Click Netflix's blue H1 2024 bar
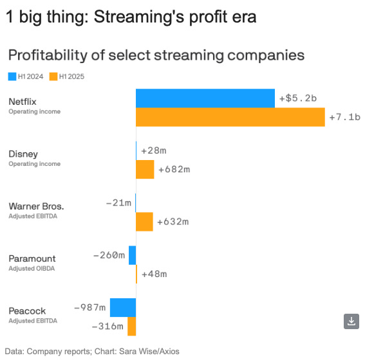(x=205, y=98)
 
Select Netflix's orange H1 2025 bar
(x=230, y=118)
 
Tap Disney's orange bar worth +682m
(x=145, y=169)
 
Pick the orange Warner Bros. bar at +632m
(x=144, y=222)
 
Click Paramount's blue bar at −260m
(x=132, y=255)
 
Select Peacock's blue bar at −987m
(x=122, y=307)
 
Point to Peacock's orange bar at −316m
(x=131, y=327)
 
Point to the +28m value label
(x=154, y=150)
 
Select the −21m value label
(x=118, y=203)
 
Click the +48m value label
(x=154, y=274)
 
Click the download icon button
(x=351, y=321)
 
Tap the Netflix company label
(x=23, y=102)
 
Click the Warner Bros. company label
(x=36, y=206)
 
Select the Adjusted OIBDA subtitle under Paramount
(x=32, y=268)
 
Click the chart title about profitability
(x=156, y=55)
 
